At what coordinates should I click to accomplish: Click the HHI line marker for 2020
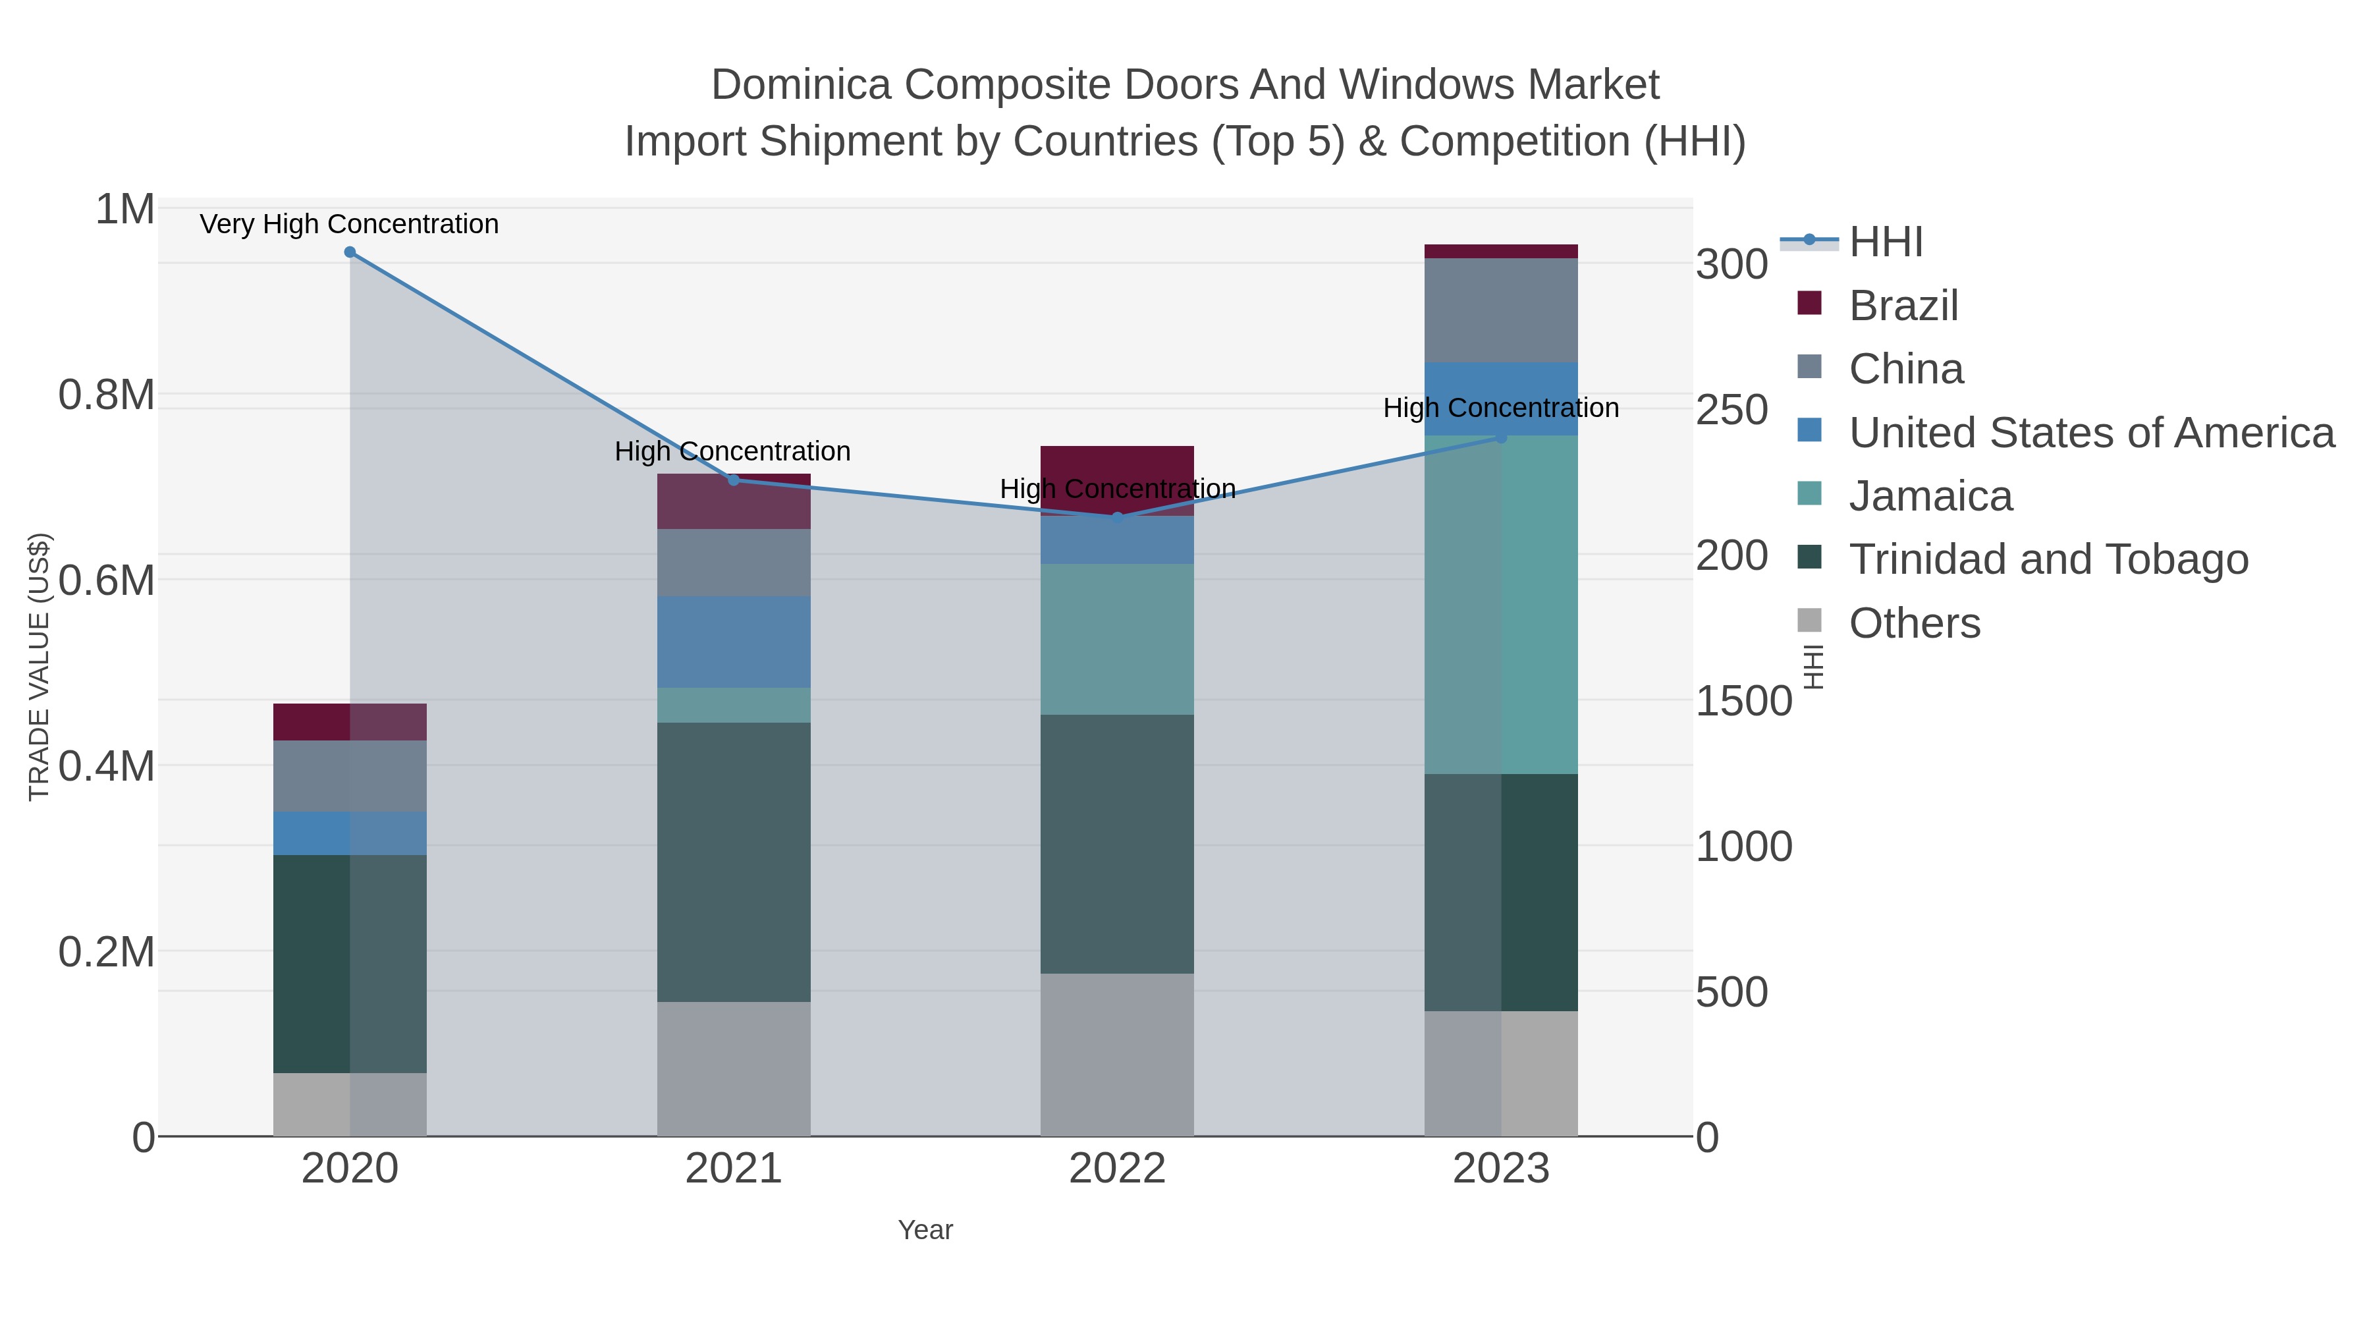point(350,252)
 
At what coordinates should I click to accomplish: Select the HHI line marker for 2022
point(1118,517)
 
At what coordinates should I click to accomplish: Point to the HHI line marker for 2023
point(1501,438)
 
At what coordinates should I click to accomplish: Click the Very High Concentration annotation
point(349,225)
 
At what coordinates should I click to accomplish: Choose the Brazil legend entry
point(1903,306)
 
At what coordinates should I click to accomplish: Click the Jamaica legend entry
point(1930,496)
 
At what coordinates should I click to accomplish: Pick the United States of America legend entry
point(2090,433)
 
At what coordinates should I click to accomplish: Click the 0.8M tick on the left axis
point(107,396)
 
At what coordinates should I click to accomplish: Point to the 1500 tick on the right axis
point(1743,702)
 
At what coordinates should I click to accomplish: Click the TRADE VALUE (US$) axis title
point(39,667)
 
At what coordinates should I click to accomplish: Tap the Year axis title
point(925,1230)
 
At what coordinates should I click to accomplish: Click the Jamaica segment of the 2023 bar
point(1501,604)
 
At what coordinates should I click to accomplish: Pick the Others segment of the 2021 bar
point(734,1068)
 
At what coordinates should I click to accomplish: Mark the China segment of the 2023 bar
point(1501,310)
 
